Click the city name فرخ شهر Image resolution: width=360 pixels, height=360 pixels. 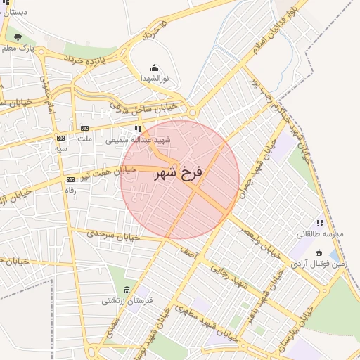coord(179,172)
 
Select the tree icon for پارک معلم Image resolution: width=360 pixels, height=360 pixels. coord(18,37)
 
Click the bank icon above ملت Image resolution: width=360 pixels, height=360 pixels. coord(84,128)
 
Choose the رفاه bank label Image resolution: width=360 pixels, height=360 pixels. coord(70,191)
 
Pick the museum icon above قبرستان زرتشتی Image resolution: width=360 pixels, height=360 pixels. coord(127,290)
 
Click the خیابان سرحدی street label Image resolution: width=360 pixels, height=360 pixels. coord(113,236)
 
